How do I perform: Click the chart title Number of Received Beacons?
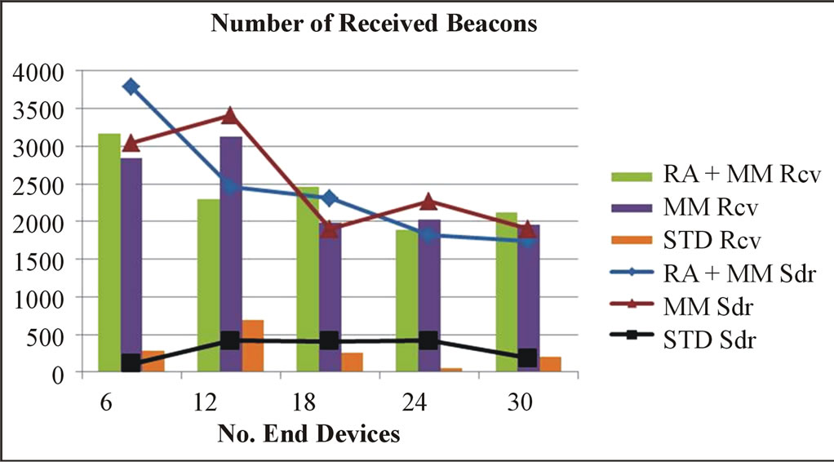(x=375, y=24)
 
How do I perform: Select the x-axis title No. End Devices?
(x=309, y=433)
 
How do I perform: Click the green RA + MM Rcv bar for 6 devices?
(x=109, y=253)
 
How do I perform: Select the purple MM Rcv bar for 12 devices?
(x=231, y=253)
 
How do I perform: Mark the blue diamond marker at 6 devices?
(x=131, y=87)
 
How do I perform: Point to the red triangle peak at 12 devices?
(x=230, y=115)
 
